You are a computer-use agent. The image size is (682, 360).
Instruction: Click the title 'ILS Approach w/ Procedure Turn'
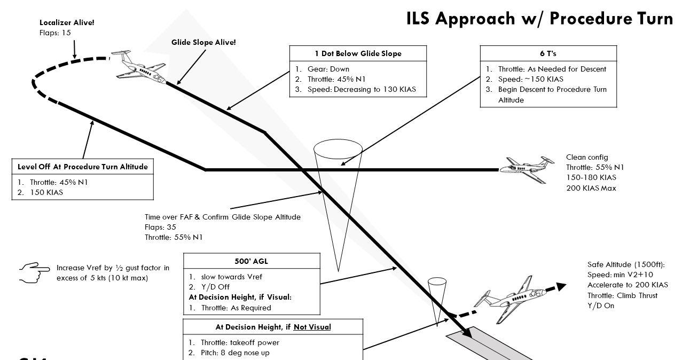pos(539,18)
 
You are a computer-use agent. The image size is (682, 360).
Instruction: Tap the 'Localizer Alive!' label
pos(63,23)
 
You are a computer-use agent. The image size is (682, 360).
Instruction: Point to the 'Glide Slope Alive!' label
pos(203,42)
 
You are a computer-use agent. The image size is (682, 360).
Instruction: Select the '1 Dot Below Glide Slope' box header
pos(358,53)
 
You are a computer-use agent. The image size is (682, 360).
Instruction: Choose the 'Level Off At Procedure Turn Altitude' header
pos(83,167)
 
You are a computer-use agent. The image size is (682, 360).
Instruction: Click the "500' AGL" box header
pos(252,262)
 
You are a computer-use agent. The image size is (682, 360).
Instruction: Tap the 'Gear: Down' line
pos(328,69)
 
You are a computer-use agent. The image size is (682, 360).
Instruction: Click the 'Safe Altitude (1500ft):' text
pos(625,265)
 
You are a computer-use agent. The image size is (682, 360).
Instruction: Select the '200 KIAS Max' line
pos(591,187)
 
